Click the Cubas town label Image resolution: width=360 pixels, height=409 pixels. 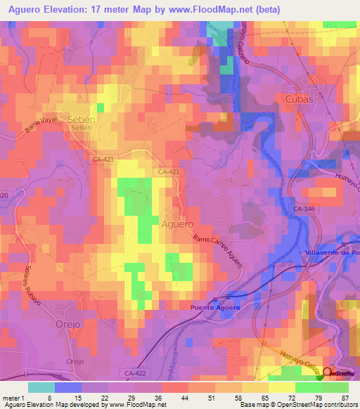(299, 100)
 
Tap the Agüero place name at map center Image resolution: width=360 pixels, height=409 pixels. (176, 224)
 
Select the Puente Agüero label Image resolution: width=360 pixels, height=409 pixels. (214, 308)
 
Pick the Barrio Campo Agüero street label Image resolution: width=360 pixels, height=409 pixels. (218, 252)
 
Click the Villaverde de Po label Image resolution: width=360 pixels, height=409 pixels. (330, 252)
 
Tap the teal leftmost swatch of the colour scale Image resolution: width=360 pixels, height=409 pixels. (41, 387)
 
